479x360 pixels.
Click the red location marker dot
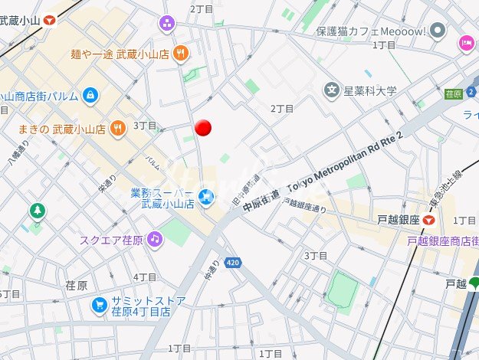point(203,128)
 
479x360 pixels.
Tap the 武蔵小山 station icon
point(51,21)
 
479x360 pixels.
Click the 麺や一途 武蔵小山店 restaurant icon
point(180,53)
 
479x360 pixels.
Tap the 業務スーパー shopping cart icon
point(205,197)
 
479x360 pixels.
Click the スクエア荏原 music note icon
point(155,239)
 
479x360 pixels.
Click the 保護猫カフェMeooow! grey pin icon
point(438,31)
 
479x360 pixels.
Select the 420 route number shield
point(234,263)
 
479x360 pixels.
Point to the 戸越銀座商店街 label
point(442,241)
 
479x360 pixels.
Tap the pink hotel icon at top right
point(466,43)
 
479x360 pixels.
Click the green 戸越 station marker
point(474,283)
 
